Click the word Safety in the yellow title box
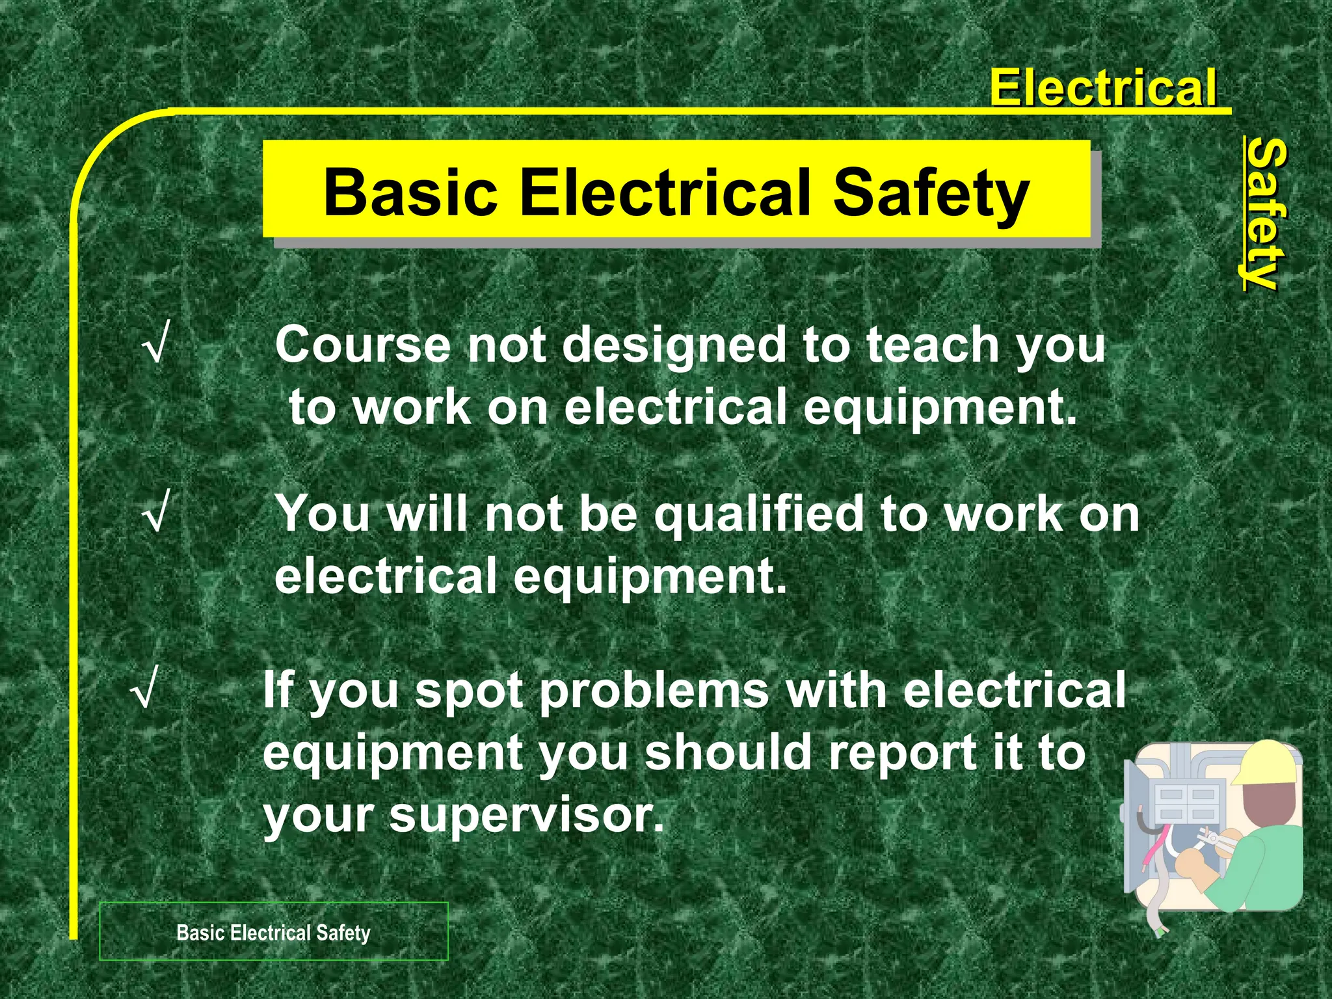click(x=931, y=193)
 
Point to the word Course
click(x=362, y=345)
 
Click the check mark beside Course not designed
click(x=154, y=345)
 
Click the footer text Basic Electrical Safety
click(x=273, y=933)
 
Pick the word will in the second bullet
click(x=427, y=514)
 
